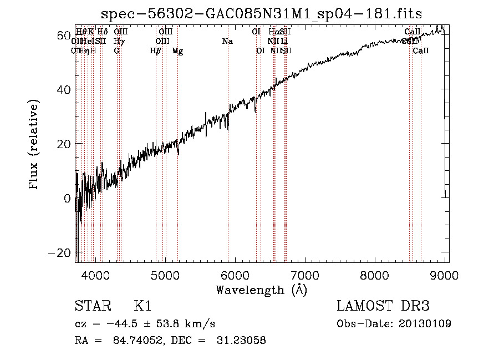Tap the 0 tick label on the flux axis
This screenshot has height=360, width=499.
coord(68,199)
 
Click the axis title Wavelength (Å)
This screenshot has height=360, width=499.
coord(261,290)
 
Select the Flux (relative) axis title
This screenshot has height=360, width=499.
coord(35,144)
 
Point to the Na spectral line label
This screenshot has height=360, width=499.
coord(227,41)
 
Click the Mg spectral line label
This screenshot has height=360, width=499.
coord(177,51)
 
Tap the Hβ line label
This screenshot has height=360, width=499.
coord(156,51)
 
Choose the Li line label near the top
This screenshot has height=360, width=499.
coord(284,41)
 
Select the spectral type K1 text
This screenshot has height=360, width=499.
coord(142,306)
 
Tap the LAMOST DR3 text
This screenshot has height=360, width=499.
coord(383,306)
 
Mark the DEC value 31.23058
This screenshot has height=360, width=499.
coord(241,341)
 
